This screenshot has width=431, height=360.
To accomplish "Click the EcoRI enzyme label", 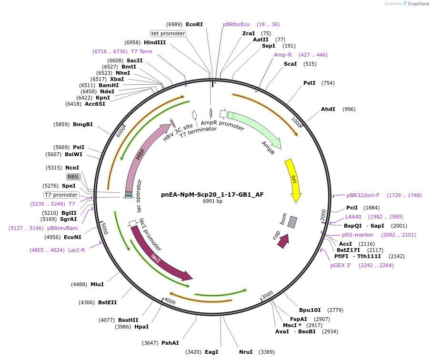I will (194, 24).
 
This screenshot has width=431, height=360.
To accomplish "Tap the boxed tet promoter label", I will (168, 33).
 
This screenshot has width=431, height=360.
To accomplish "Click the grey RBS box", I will (73, 177).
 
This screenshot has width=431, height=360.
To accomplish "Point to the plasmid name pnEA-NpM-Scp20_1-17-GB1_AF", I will (212, 194).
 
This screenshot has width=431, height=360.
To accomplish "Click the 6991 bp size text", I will (212, 201).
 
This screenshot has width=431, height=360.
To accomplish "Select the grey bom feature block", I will (292, 222).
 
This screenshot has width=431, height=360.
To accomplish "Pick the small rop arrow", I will (283, 241).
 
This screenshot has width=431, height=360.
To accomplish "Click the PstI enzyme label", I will (310, 83).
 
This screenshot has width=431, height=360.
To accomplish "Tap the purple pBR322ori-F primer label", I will (363, 195).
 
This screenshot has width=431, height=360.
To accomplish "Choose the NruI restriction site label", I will (246, 352).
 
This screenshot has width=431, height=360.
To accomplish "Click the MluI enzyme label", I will (97, 284).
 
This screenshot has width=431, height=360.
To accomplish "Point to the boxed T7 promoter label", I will (61, 195).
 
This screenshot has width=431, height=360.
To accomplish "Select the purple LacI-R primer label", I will (76, 250).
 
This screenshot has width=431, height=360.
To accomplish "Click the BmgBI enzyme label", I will (83, 124).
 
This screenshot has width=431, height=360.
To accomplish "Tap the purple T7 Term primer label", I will (141, 51).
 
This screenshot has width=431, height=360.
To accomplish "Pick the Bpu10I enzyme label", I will (311, 310).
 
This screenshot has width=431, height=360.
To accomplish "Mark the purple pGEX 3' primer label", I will (341, 265).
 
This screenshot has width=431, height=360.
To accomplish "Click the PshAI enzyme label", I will (170, 343).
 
